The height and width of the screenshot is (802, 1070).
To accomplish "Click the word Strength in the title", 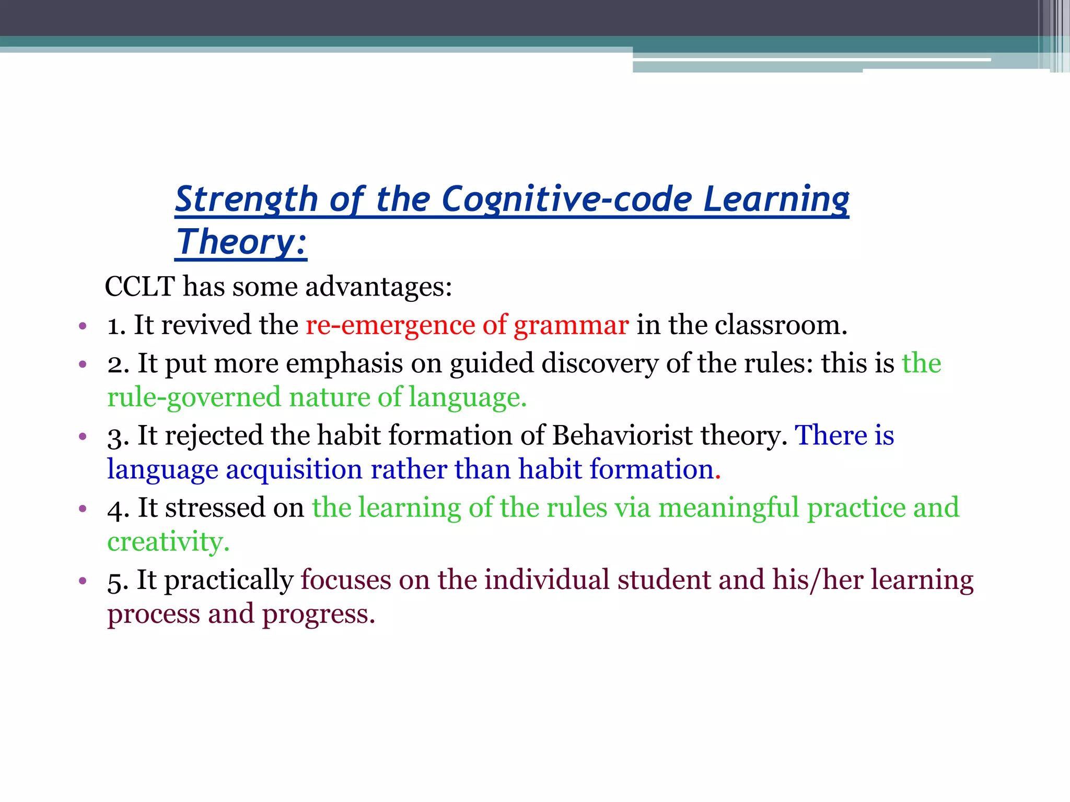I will click(246, 199).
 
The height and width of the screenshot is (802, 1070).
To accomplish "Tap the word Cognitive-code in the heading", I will click(566, 199).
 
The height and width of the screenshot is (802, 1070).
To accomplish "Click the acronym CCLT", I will click(139, 287).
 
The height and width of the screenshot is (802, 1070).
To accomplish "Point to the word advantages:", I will click(378, 287).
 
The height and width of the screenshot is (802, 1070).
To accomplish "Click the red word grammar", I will click(571, 325).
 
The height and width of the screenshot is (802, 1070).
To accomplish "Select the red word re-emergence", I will click(390, 325).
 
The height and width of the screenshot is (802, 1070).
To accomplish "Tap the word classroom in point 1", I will click(780, 325).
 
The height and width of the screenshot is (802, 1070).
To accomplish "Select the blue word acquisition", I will click(294, 469).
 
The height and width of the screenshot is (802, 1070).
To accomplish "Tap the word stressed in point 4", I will click(215, 508).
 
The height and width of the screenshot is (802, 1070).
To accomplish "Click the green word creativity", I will click(168, 542).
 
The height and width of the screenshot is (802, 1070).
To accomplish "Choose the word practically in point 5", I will click(228, 581).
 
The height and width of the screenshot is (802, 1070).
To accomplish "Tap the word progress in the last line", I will click(318, 615).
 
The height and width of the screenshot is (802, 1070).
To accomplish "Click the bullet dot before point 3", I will click(82, 437).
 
